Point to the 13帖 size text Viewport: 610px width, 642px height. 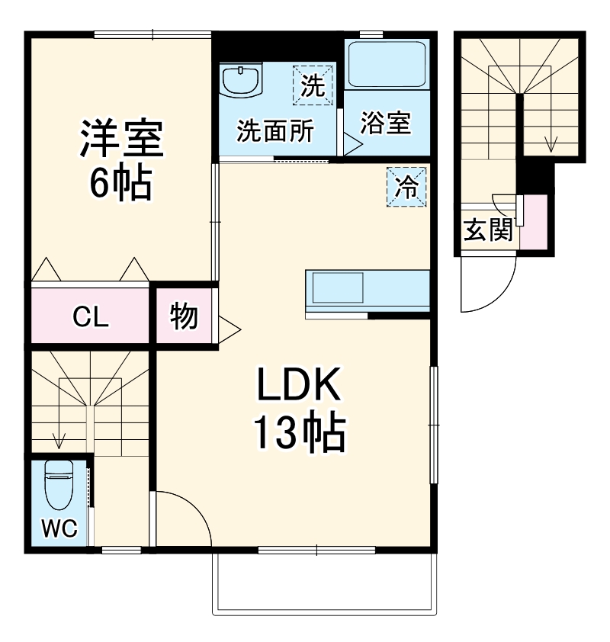click(298, 433)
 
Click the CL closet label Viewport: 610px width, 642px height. click(90, 316)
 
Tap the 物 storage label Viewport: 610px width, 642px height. click(184, 316)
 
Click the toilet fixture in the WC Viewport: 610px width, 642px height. click(59, 486)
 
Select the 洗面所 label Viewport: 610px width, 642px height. click(274, 131)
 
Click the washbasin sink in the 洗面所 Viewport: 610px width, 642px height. click(242, 79)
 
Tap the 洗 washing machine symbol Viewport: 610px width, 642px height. click(313, 85)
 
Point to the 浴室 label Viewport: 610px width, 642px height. click(386, 123)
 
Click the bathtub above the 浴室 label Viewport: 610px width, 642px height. click(387, 65)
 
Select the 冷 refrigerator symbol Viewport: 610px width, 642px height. click(406, 186)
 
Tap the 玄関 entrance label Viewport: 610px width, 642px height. click(489, 230)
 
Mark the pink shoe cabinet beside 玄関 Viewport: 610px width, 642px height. click(535, 222)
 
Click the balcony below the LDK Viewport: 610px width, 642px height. click(324, 583)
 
